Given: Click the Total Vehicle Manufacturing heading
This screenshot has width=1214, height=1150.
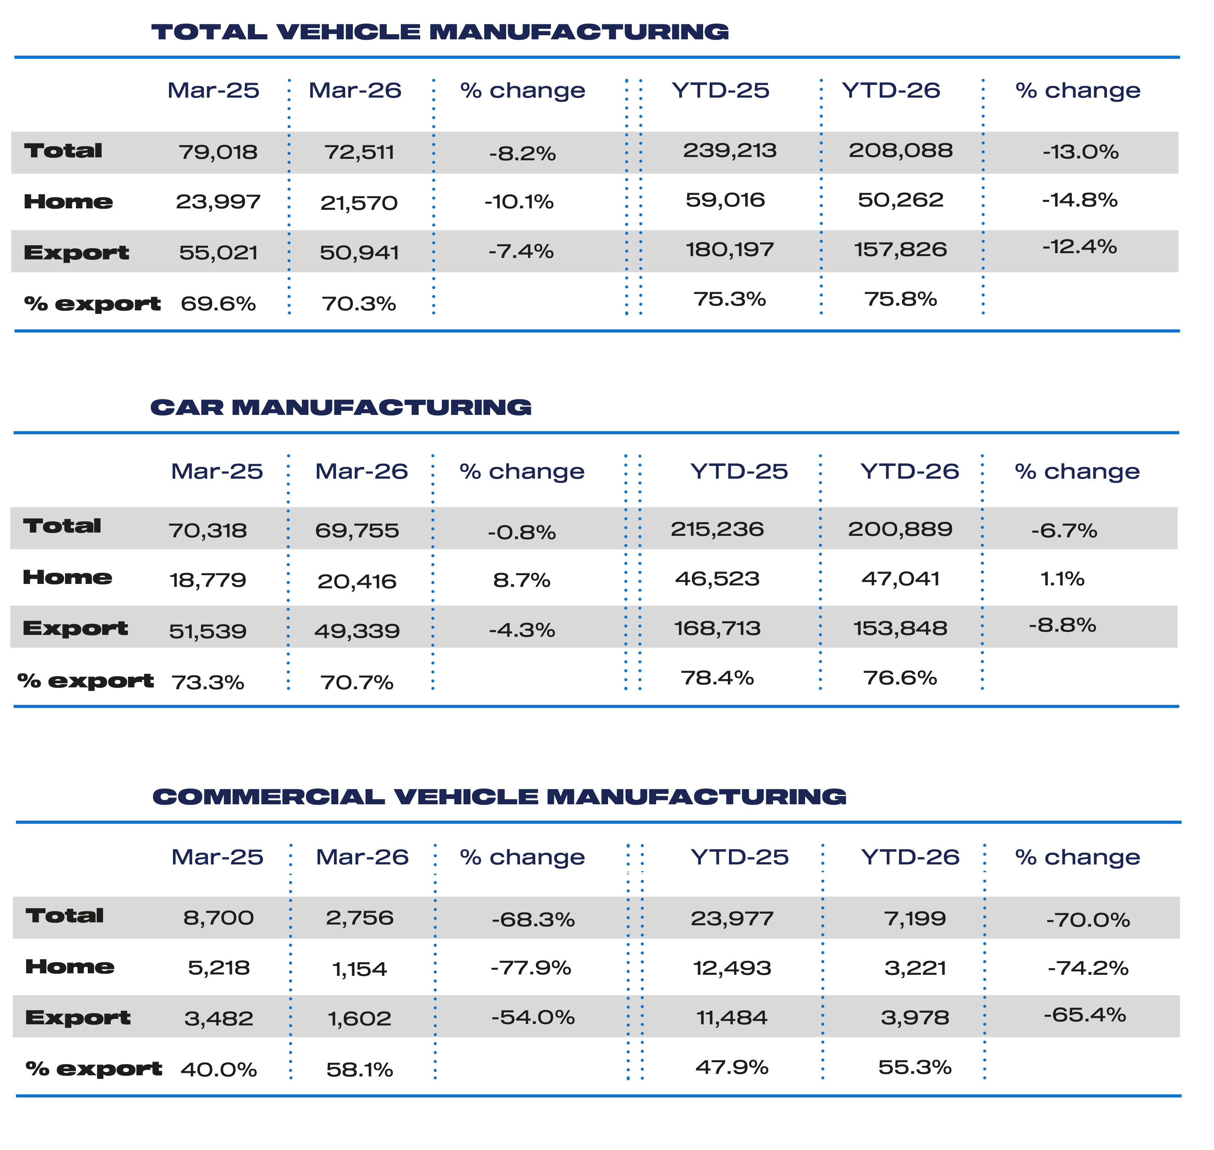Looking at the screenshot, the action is [x=440, y=32].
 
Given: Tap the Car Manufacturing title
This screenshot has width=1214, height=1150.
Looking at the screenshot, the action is [x=341, y=407].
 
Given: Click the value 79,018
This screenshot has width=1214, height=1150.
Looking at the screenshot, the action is [x=218, y=152].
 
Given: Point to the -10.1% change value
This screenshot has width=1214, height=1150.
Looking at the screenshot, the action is [x=519, y=202].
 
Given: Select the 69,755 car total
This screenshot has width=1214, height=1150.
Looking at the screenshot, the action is [x=357, y=530].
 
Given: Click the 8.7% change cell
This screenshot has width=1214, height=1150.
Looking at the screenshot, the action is [x=522, y=580].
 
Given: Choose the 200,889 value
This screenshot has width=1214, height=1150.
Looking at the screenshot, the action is [x=900, y=529].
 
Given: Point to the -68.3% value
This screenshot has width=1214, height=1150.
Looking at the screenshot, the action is [x=533, y=919].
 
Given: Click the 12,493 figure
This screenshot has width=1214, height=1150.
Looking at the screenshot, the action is [x=732, y=968].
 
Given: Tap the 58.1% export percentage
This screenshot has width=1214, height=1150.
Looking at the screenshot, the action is [x=360, y=1070].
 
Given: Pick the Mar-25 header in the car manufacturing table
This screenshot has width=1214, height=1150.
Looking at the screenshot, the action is [x=217, y=471].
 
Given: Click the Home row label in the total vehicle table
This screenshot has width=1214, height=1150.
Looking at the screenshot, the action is [x=68, y=202].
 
